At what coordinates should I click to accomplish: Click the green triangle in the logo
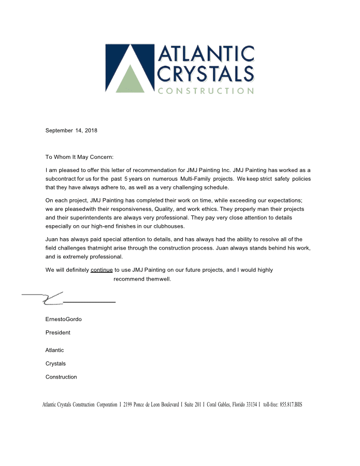pyautogui.click(x=131, y=81)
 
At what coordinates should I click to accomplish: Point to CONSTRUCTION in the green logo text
pyautogui.click(x=205, y=91)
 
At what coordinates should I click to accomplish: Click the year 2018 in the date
pyautogui.click(x=91, y=130)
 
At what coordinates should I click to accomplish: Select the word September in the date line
pyautogui.click(x=59, y=130)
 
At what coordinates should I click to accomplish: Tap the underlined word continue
pyautogui.click(x=102, y=270)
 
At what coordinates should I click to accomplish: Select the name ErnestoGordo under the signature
pyautogui.click(x=64, y=319)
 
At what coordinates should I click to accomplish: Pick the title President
pyautogui.click(x=58, y=332)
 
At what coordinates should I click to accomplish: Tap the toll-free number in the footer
pyautogui.click(x=291, y=404)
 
